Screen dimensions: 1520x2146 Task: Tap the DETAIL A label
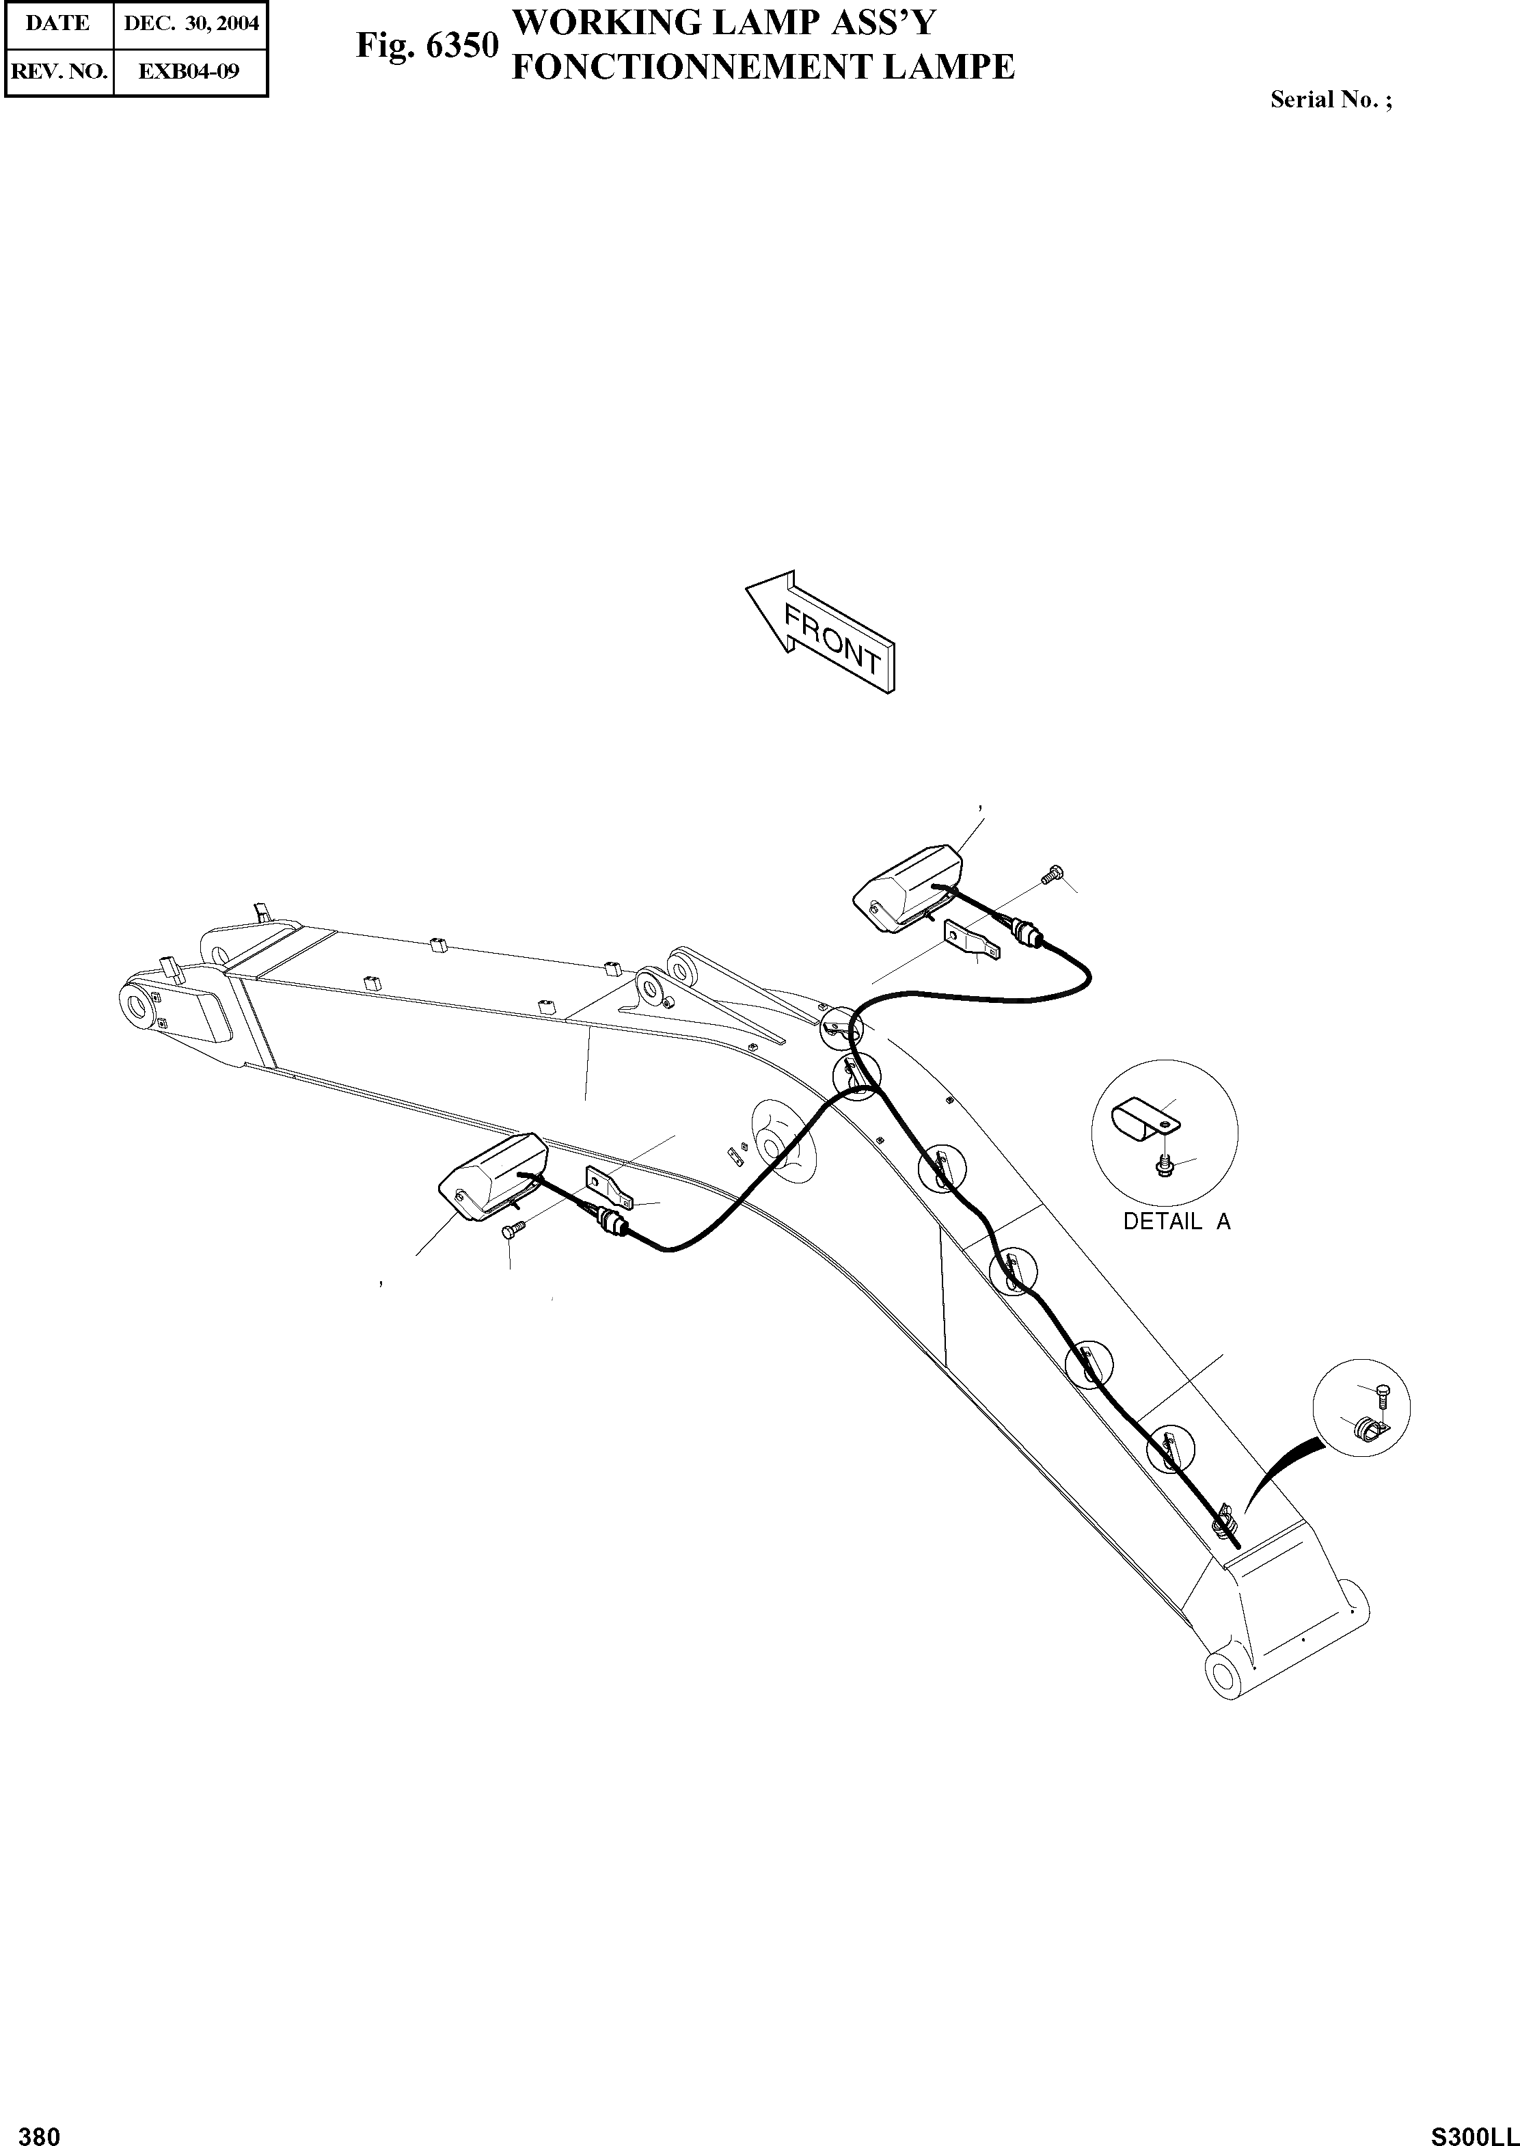tap(1176, 1221)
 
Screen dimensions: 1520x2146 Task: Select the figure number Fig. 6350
tap(426, 46)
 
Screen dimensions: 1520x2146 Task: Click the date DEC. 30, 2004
tap(191, 23)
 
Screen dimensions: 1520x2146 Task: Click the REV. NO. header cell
tap(58, 70)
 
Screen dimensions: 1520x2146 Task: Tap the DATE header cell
tap(58, 23)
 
